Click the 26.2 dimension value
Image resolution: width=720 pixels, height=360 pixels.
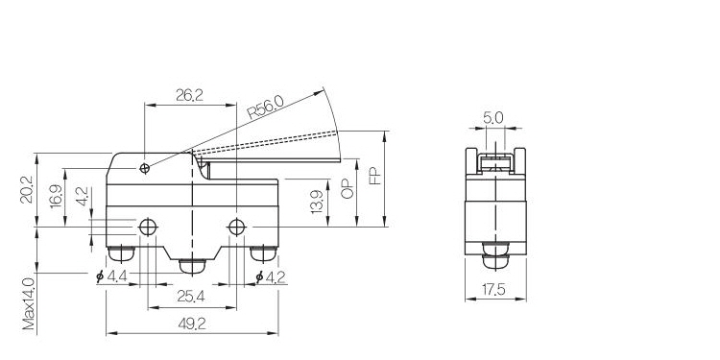click(x=189, y=95)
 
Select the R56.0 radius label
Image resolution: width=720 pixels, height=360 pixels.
click(x=265, y=108)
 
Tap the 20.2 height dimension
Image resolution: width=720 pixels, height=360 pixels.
click(x=26, y=189)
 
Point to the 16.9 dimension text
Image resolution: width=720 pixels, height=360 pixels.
click(x=56, y=196)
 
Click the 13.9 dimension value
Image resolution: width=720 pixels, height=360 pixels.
click(x=317, y=202)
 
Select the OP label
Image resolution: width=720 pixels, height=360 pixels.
click(x=348, y=188)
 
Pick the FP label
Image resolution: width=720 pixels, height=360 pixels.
click(x=375, y=176)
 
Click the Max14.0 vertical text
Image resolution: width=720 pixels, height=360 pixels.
click(x=29, y=304)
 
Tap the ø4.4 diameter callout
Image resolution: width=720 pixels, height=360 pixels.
click(x=111, y=276)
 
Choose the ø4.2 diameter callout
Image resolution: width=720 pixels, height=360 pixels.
click(x=271, y=276)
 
